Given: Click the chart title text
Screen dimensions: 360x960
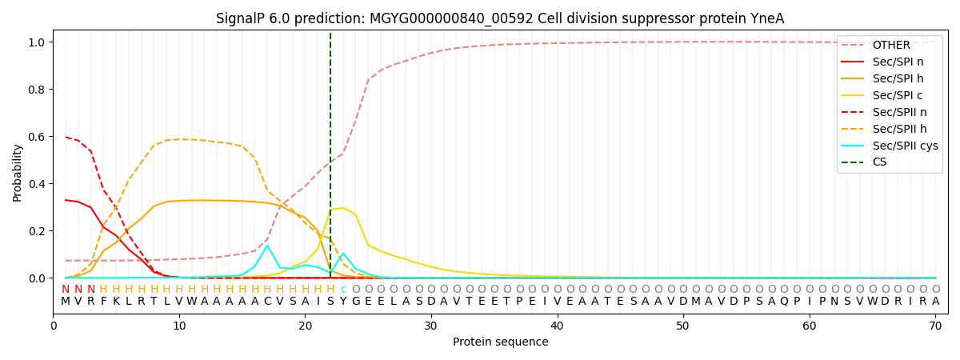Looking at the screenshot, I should [x=500, y=18].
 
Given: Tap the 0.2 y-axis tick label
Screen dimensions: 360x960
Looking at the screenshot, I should [x=38, y=231].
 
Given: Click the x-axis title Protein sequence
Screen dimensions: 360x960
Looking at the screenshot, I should [x=500, y=342].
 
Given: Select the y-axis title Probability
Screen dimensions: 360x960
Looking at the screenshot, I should [x=17, y=172].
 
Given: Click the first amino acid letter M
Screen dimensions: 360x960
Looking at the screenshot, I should [x=66, y=302].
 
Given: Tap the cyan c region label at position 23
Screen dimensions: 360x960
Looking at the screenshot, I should [x=343, y=290].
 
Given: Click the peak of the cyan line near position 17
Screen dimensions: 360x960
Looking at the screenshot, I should [x=267, y=246].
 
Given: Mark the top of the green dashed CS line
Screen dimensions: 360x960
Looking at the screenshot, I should [x=330, y=34].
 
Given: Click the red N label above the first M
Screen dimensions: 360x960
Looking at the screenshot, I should [x=66, y=290].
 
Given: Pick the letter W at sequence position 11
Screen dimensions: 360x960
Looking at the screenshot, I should [x=192, y=302].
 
